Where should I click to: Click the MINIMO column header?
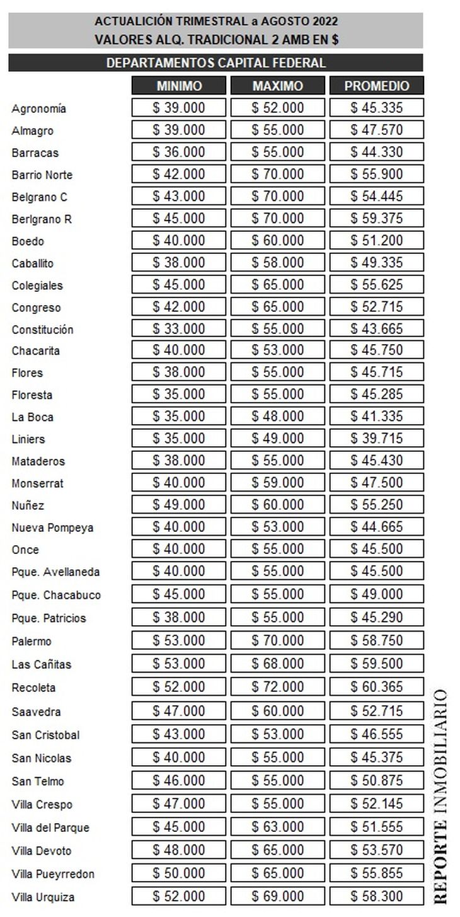pos(179,86)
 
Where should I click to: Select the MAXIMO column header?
pos(278,86)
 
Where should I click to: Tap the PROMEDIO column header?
pos(377,86)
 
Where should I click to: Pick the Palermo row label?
pos(32,642)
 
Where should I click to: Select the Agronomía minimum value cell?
pos(179,108)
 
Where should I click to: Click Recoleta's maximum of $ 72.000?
pos(278,687)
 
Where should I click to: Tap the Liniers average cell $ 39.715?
pos(377,439)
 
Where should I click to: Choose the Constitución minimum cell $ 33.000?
pos(179,329)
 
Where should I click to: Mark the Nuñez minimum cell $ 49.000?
pos(179,505)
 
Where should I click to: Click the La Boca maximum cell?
pos(278,417)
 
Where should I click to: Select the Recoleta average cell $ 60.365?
pos(377,687)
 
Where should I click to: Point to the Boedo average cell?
pos(377,241)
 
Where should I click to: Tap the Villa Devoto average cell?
pos(377,850)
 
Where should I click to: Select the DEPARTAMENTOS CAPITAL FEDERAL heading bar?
pos(216,63)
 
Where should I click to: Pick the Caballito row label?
pos(33,263)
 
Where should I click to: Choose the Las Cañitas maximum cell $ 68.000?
pos(278,664)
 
